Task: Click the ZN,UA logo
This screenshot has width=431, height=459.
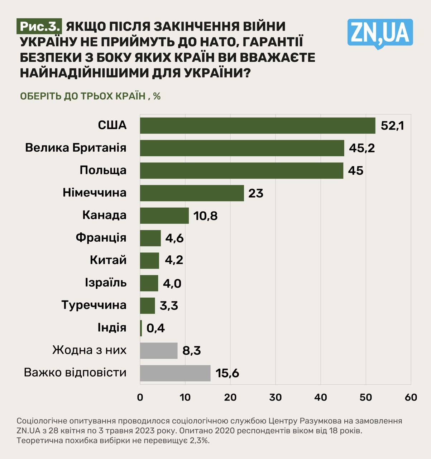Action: (x=380, y=33)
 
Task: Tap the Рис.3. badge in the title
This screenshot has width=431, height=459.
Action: (x=39, y=27)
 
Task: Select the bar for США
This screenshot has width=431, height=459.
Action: (x=257, y=126)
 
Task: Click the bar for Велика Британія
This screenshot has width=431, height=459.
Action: (x=242, y=148)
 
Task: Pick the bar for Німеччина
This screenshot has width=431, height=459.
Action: (x=192, y=193)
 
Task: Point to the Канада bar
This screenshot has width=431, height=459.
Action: (x=164, y=216)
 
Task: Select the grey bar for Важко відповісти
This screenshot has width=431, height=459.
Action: (x=175, y=373)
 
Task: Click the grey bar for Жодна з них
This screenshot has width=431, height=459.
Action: (x=159, y=350)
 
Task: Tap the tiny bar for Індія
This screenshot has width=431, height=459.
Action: (x=141, y=328)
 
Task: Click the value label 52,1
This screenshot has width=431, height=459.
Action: (x=392, y=126)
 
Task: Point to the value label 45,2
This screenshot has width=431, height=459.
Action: (x=362, y=148)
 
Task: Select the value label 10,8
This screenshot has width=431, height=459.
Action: (x=205, y=216)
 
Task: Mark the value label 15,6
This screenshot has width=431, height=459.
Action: (x=227, y=373)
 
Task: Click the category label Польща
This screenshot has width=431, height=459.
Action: (x=103, y=170)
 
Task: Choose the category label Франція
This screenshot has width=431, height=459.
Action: (x=101, y=237)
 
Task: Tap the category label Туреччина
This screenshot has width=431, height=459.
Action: (x=94, y=305)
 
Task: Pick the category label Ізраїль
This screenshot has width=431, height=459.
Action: (x=106, y=283)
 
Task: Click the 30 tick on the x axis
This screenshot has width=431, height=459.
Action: (x=276, y=397)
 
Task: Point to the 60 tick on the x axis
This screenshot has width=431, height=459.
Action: (x=411, y=397)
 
